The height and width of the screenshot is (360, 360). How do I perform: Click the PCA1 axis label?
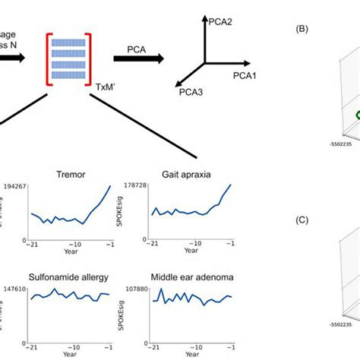[246, 77]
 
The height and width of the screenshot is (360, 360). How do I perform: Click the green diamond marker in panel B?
[355, 115]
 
